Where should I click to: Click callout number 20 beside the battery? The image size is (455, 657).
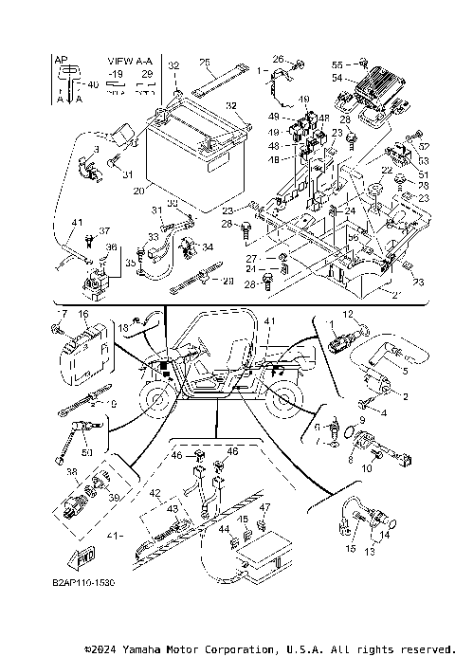tap(139, 190)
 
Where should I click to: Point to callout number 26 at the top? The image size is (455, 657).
tap(279, 59)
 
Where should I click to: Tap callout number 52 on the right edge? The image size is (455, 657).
tap(424, 145)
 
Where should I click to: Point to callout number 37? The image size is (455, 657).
tap(105, 230)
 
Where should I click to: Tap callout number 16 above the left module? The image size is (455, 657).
tap(83, 314)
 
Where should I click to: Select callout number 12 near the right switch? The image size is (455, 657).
tap(347, 314)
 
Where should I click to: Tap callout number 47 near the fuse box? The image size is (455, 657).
tap(265, 508)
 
